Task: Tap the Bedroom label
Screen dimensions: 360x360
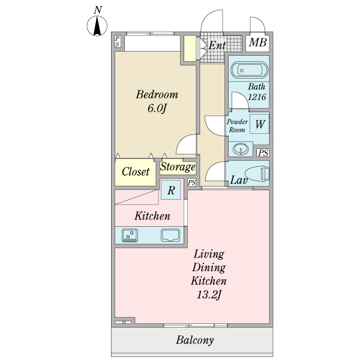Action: (x=157, y=95)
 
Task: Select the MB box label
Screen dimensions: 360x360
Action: (x=257, y=43)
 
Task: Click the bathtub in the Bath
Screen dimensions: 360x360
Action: (x=248, y=70)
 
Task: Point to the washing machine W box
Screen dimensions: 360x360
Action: (x=260, y=124)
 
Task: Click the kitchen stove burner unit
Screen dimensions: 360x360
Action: (x=130, y=235)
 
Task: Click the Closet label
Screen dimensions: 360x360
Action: (x=136, y=172)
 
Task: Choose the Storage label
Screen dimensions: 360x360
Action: (x=178, y=167)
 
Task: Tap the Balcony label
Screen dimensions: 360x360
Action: (x=195, y=341)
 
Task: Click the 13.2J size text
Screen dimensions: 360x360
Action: (x=209, y=295)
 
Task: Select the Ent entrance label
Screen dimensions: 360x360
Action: (x=217, y=45)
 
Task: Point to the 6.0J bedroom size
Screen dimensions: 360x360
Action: (x=157, y=109)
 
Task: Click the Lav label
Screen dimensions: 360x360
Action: (x=240, y=180)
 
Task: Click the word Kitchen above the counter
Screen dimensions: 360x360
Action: (x=152, y=216)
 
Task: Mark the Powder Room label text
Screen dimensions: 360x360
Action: (x=237, y=125)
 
